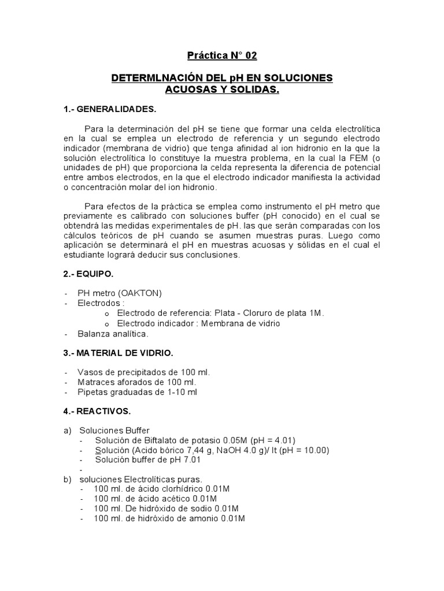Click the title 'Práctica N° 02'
(x=221, y=56)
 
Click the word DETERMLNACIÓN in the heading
(x=151, y=78)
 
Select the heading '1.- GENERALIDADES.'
(x=109, y=109)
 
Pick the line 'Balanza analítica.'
(x=113, y=334)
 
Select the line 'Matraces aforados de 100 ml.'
(x=137, y=382)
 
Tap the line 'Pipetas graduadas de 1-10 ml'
(x=138, y=392)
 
